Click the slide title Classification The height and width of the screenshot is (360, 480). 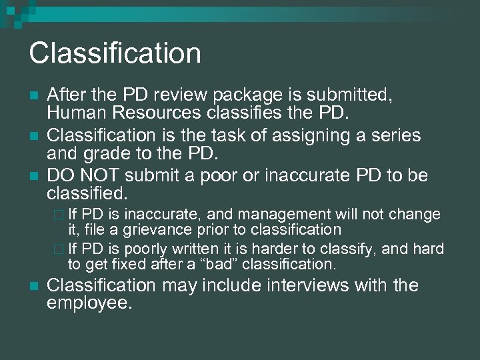pos(115,53)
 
